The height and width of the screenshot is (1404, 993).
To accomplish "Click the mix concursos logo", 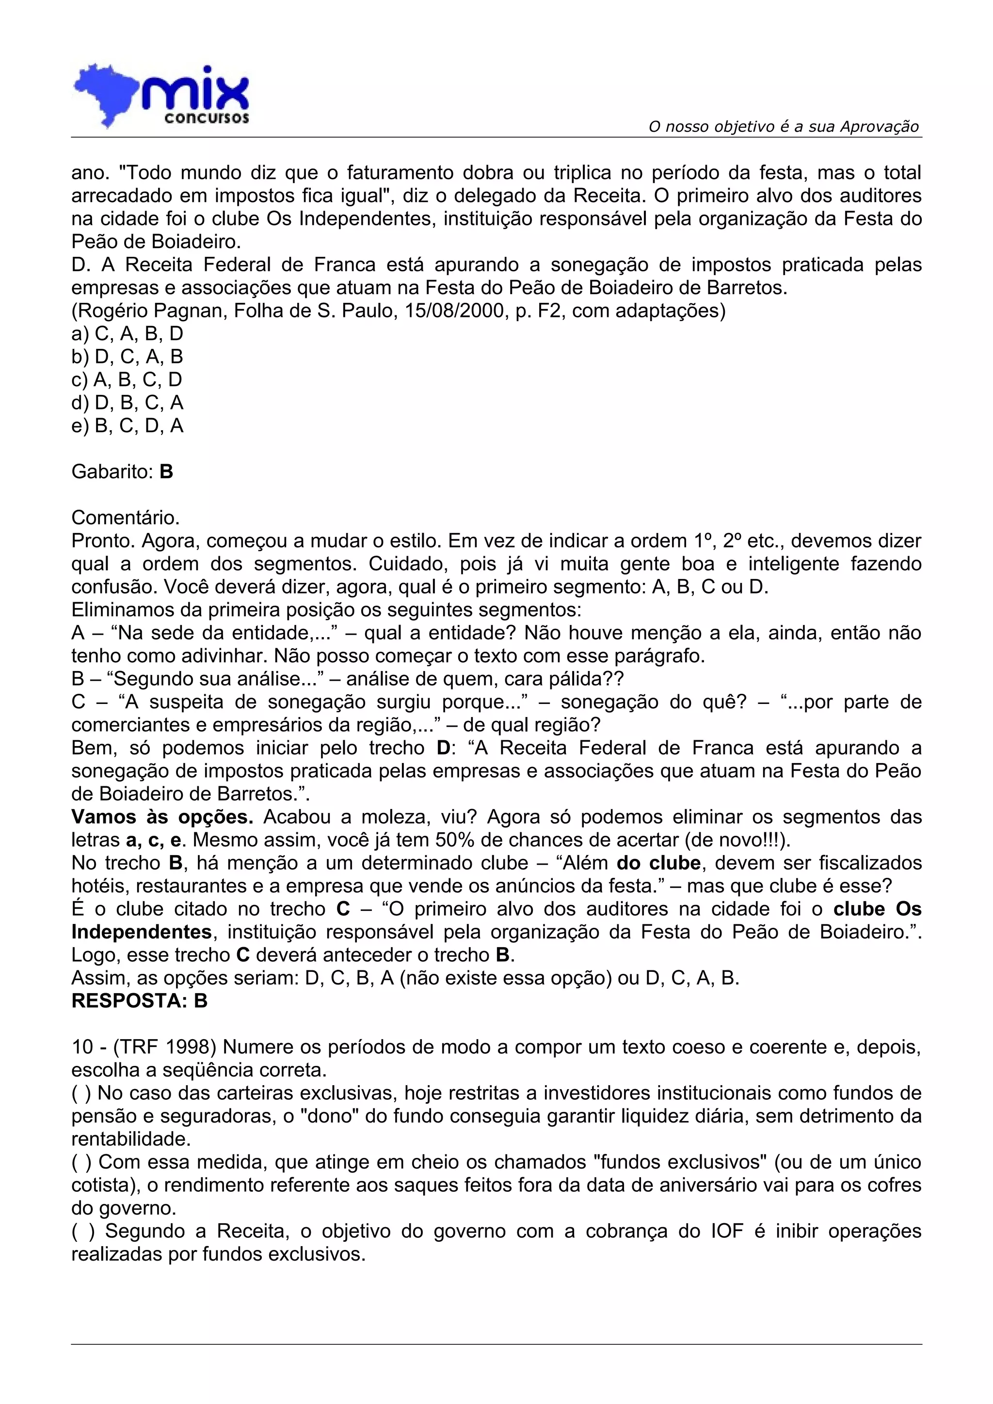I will pyautogui.click(x=161, y=96).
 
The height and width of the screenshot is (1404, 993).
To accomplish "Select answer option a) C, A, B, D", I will pyautogui.click(x=127, y=334).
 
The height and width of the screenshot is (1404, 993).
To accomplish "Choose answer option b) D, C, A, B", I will pyautogui.click(x=127, y=357).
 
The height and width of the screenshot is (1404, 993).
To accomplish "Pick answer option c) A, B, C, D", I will pyautogui.click(x=127, y=380).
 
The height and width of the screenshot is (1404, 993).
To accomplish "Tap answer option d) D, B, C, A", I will pyautogui.click(x=127, y=403).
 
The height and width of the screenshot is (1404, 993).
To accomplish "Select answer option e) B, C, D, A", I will pyautogui.click(x=127, y=425).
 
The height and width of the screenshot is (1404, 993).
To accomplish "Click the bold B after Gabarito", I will pyautogui.click(x=166, y=472).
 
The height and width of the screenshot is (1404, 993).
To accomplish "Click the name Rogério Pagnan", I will pyautogui.click(x=151, y=311).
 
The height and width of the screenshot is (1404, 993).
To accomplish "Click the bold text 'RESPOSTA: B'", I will pyautogui.click(x=140, y=1001).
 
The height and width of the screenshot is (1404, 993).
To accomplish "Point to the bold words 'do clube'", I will pyautogui.click(x=658, y=863).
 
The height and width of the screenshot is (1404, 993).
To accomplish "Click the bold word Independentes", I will pyautogui.click(x=141, y=932).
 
